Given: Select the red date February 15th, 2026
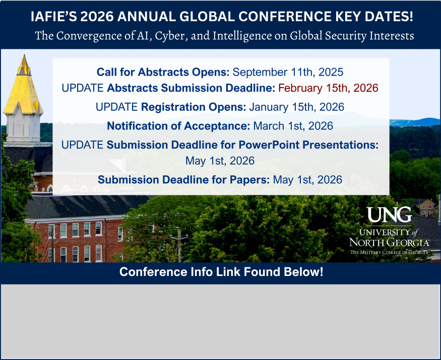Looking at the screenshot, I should [x=328, y=88].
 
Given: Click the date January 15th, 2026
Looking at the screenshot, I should [x=296, y=107].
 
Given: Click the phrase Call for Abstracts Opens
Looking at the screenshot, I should [x=163, y=72].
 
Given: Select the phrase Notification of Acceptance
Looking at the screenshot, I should [x=178, y=126].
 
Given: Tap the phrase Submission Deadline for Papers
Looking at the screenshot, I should [x=184, y=180].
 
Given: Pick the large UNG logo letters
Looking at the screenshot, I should [x=389, y=214].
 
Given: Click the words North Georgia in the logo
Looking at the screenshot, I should [x=389, y=242].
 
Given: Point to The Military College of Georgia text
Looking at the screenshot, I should [x=389, y=251].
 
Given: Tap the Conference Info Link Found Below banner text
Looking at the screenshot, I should [x=221, y=272].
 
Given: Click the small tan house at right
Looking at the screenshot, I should [x=425, y=206].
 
